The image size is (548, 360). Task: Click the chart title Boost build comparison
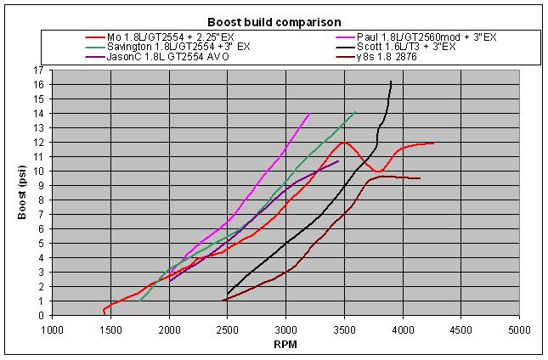point(274,21)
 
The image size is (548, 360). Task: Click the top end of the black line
point(391,82)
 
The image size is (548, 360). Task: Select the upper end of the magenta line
point(309,113)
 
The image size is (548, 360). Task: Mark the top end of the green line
point(355,112)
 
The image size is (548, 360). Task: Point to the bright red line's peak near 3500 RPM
point(346,142)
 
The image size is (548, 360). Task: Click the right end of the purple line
point(338,160)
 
